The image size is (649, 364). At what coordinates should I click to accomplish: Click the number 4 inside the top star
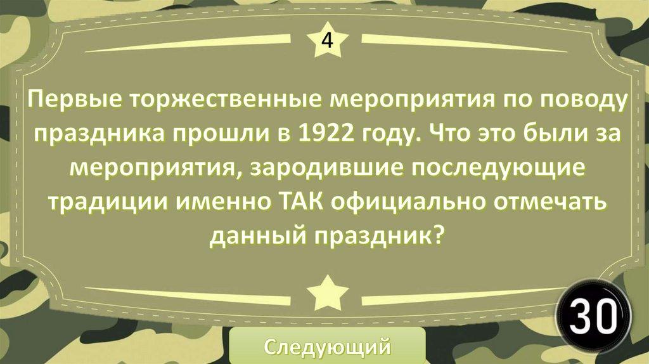coord(327,41)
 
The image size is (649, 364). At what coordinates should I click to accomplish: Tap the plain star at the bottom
coord(328,293)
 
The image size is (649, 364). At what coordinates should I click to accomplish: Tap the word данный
coord(258,236)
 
